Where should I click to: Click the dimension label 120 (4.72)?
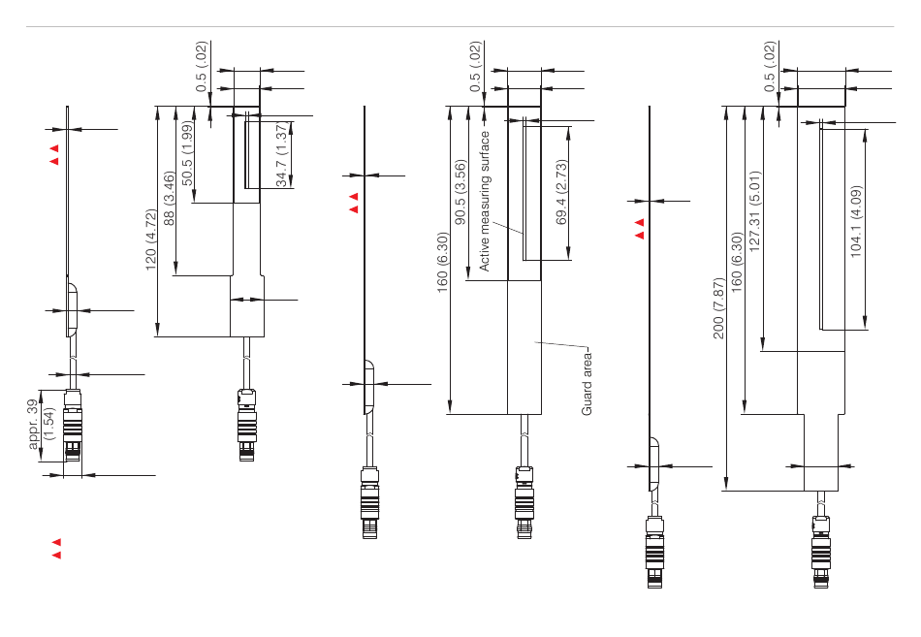151,239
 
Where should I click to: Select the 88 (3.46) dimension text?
169,198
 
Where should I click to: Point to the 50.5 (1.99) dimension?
187,153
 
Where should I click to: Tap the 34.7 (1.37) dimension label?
281,154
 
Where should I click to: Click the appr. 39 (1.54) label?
40,424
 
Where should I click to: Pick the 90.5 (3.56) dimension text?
460,192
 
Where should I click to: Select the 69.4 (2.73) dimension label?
561,192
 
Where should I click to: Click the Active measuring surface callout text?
484,201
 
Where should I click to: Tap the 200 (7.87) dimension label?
717,308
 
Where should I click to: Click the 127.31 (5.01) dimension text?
755,211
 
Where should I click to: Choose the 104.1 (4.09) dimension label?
856,221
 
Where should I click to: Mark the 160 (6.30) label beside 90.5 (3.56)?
442,262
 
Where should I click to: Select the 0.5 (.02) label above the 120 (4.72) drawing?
202,66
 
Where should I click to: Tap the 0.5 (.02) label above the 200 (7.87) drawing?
770,66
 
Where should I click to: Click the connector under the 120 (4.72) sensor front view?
246,425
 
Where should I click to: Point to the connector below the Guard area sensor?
524,502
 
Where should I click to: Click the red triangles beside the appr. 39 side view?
54,154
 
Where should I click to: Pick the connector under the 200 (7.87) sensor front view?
821,552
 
